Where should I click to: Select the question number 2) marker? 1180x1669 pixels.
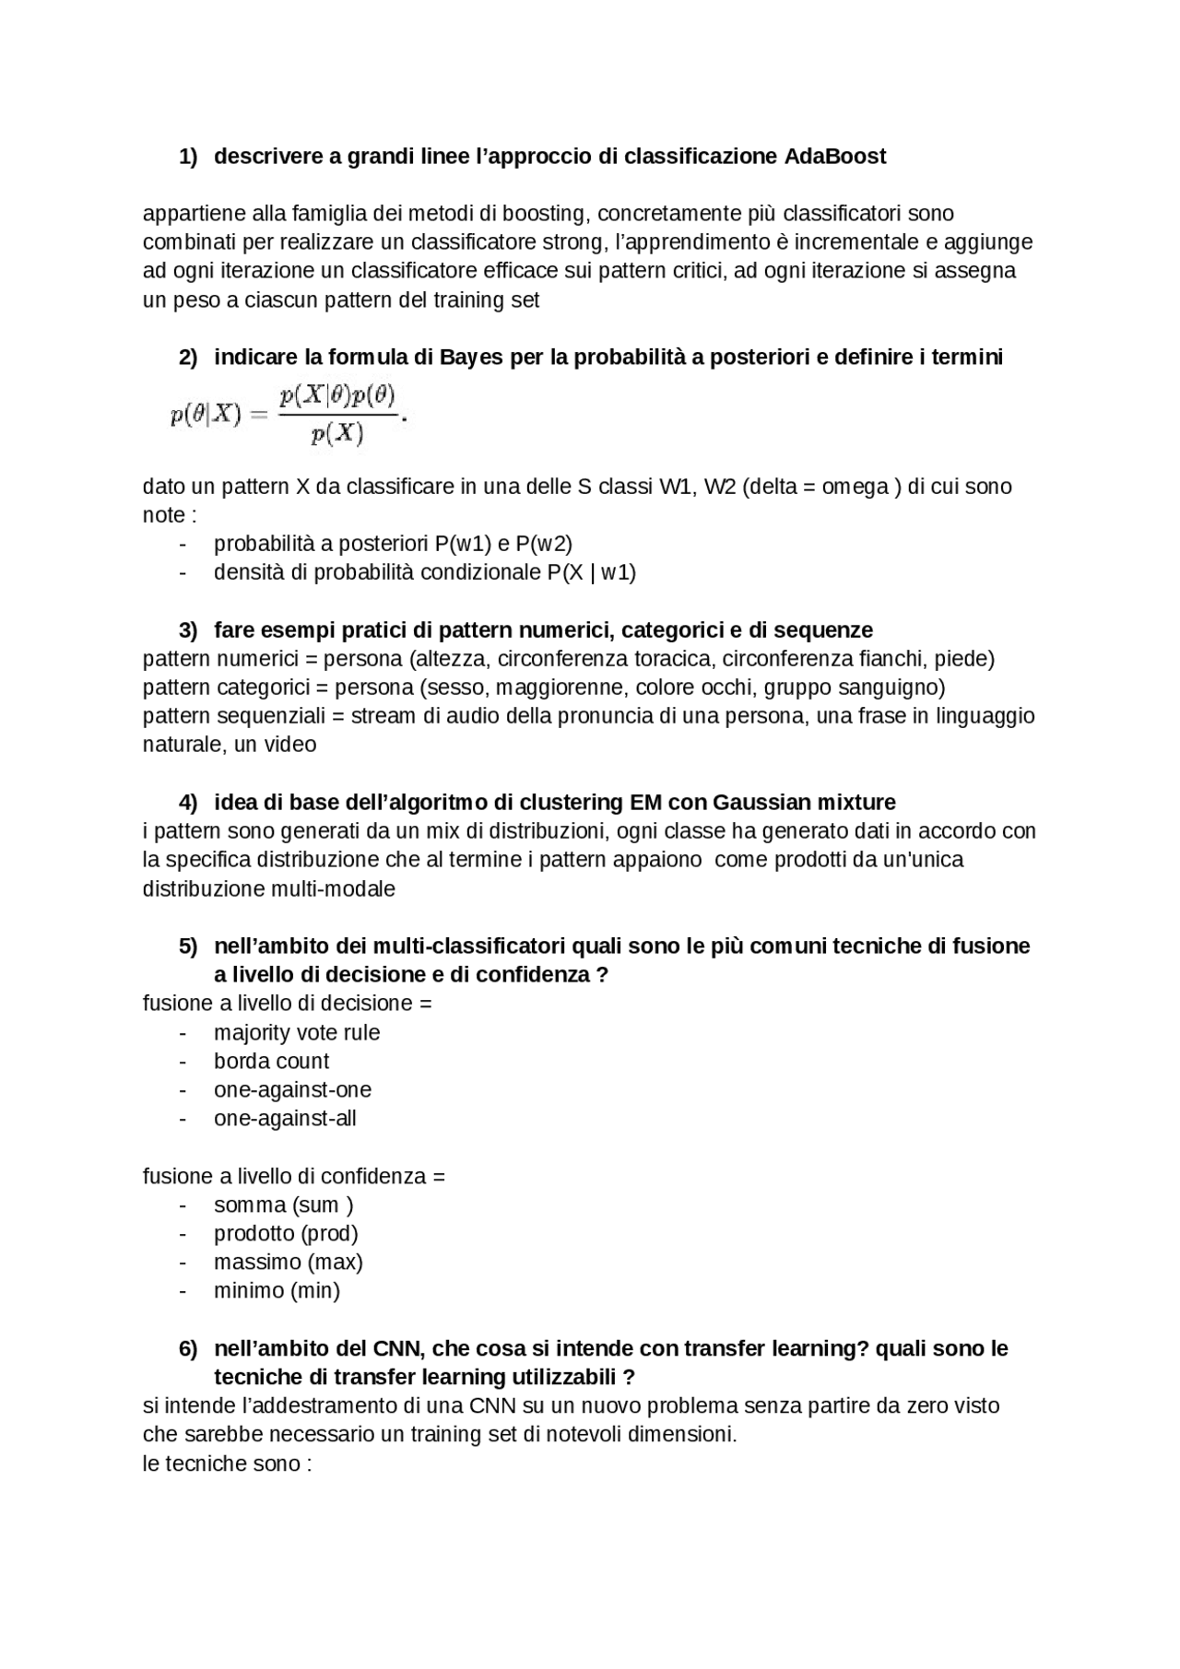click(188, 358)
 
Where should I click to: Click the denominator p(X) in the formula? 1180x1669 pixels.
click(337, 434)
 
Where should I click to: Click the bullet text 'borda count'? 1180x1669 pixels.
click(271, 1061)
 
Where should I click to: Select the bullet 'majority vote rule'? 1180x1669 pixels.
click(297, 1032)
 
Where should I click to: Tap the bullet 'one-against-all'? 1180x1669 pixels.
click(285, 1118)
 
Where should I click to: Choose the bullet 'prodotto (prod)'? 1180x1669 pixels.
click(286, 1233)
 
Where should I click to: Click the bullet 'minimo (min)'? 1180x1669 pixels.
click(277, 1290)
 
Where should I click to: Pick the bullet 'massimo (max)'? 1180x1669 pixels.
click(289, 1262)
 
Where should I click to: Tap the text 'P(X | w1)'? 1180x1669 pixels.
click(591, 572)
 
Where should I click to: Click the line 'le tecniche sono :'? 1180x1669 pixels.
click(227, 1463)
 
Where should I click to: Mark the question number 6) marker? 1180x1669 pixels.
click(188, 1348)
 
